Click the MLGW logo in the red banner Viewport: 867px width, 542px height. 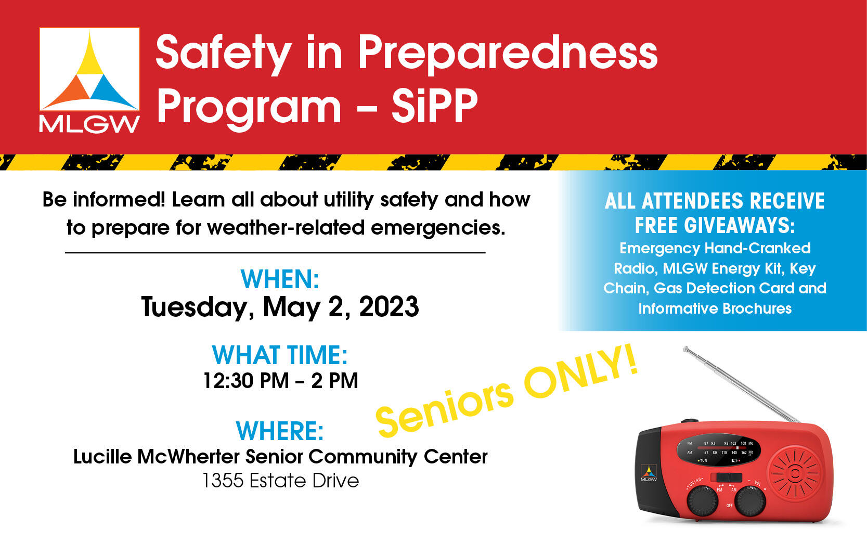click(89, 79)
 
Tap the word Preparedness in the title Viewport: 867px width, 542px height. click(508, 53)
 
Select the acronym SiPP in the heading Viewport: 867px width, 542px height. click(434, 106)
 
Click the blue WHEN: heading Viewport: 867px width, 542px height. click(280, 279)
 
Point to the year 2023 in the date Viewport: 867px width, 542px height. click(389, 306)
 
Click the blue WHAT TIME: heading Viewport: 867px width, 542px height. click(280, 355)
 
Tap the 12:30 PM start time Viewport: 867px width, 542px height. click(245, 381)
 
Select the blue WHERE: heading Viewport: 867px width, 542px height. click(280, 431)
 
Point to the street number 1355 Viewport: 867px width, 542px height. click(223, 481)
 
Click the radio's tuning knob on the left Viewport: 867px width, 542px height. click(702, 500)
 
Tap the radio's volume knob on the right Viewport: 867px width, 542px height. click(749, 500)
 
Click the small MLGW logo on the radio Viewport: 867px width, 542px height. click(649, 473)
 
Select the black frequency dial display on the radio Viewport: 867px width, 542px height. click(718, 448)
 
